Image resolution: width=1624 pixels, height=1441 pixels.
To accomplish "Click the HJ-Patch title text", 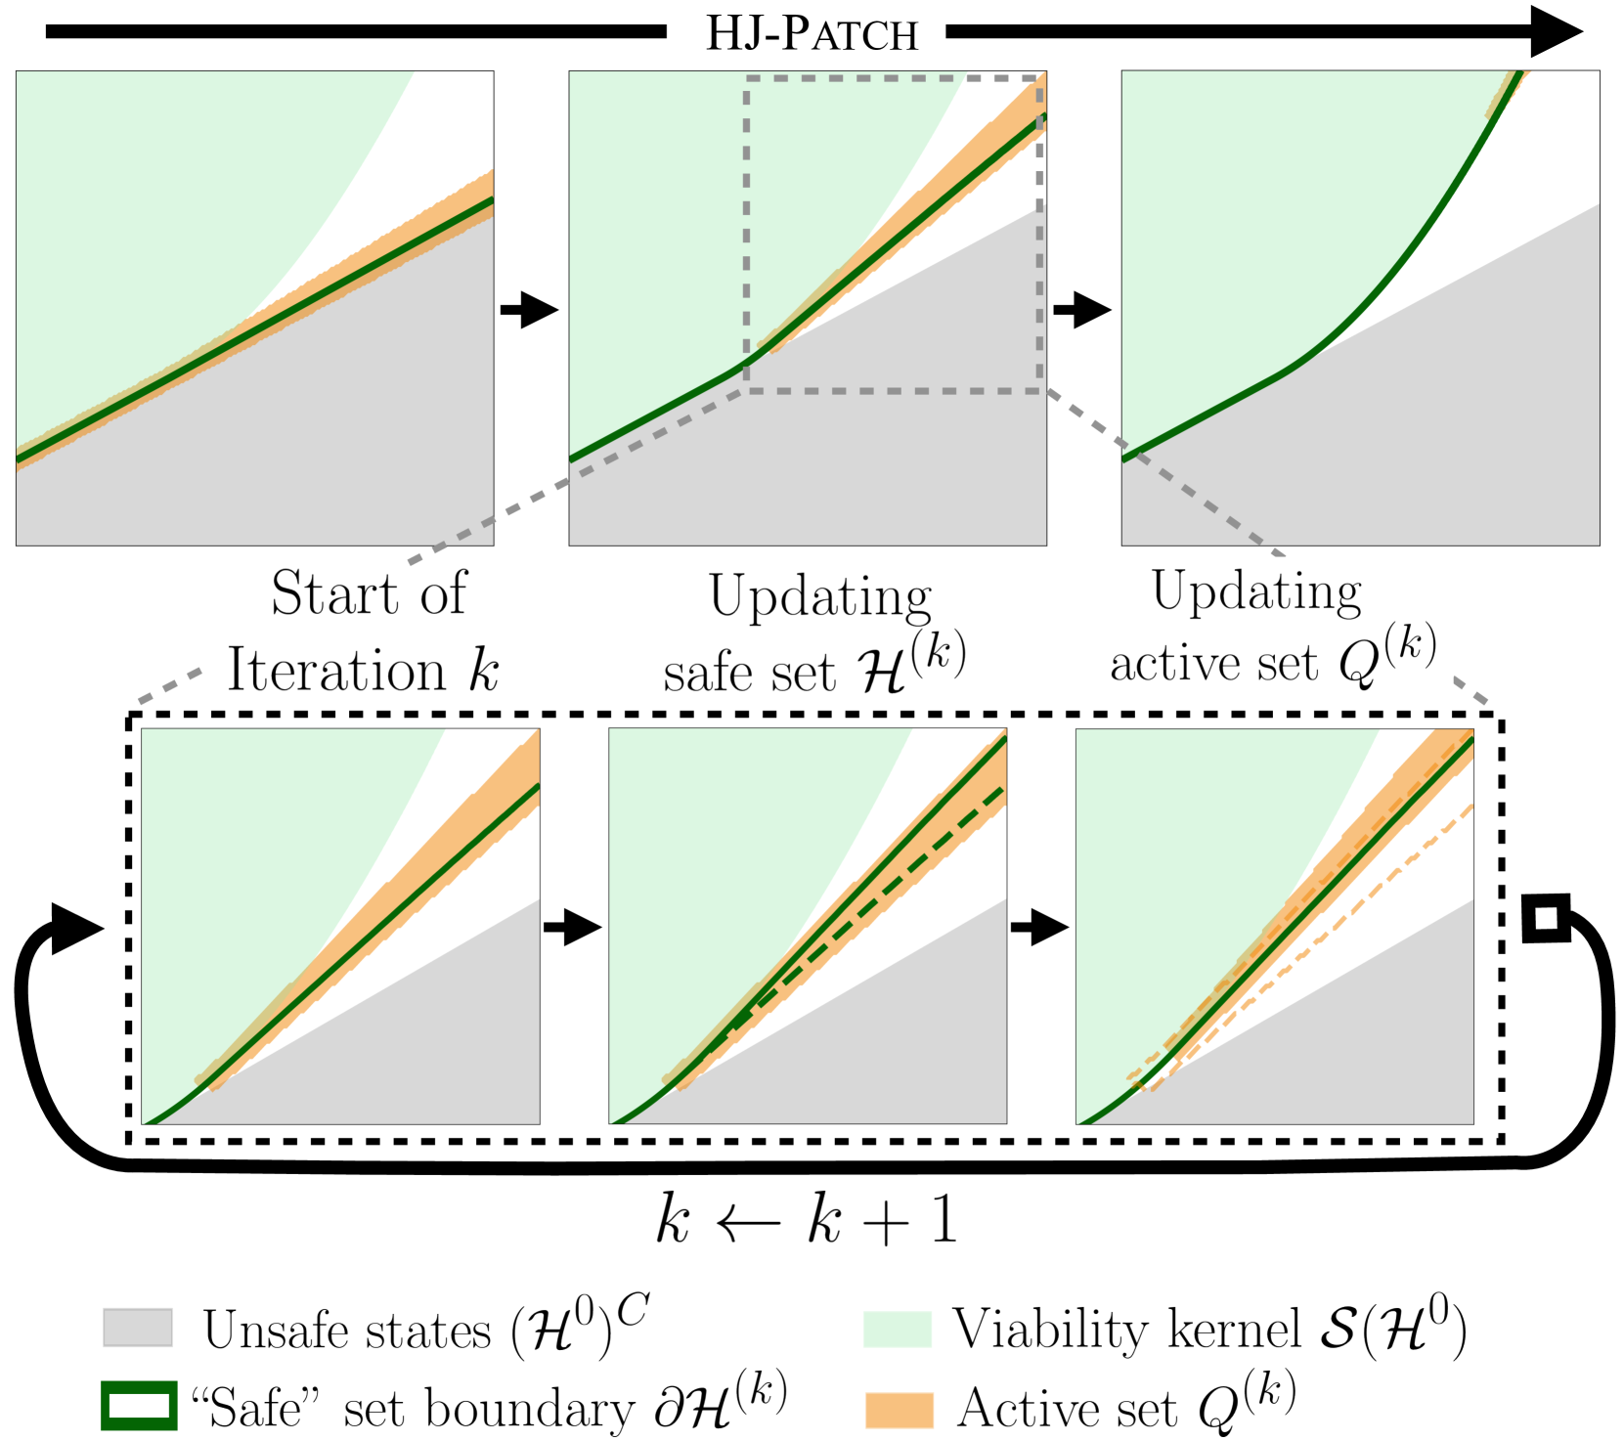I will [x=812, y=34].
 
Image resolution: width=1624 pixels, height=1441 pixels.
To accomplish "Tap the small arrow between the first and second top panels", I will [x=529, y=310].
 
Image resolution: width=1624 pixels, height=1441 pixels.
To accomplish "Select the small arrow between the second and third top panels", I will [x=1082, y=310].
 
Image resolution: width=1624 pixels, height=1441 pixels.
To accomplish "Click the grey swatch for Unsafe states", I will [x=138, y=1328].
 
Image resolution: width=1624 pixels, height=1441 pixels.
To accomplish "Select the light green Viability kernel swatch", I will [x=897, y=1328].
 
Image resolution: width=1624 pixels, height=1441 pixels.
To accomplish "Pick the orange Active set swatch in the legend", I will [x=899, y=1409].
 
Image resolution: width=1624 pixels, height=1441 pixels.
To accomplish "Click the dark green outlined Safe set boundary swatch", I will [x=139, y=1406].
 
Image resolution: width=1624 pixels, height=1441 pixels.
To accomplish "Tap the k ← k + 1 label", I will [x=808, y=1221].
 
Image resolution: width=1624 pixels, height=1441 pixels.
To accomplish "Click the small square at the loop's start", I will [x=1546, y=918].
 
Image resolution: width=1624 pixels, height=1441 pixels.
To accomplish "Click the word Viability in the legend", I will [x=1051, y=1330].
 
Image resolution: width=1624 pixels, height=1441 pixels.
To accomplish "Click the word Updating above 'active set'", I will [x=1256, y=592].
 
